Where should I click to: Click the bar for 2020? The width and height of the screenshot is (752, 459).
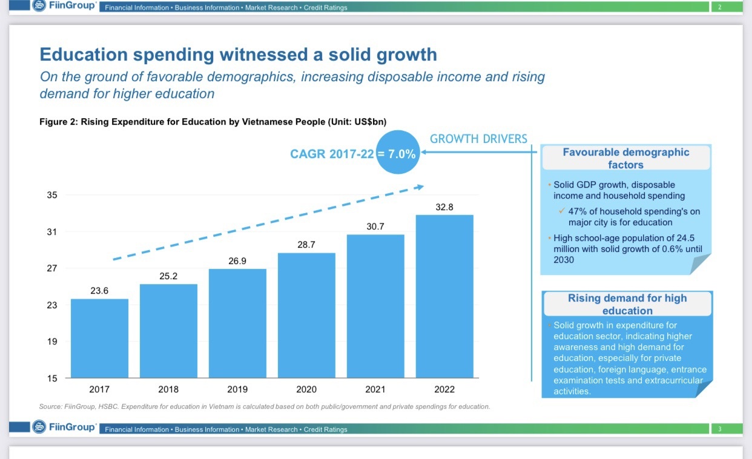[306, 315]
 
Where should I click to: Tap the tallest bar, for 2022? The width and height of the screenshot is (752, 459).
[444, 296]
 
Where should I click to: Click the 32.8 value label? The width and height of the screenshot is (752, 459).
[444, 207]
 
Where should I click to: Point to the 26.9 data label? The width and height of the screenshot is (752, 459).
[237, 261]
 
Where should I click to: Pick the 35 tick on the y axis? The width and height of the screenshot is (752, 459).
[52, 195]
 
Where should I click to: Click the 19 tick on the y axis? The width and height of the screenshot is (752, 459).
[52, 342]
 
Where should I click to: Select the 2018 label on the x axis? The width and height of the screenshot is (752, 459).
[168, 389]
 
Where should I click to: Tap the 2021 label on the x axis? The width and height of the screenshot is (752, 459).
[375, 389]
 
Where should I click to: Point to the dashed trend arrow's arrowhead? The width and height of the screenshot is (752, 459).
[419, 187]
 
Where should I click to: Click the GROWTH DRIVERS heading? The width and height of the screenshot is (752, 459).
[478, 139]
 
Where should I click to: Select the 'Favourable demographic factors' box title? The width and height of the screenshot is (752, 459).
[626, 158]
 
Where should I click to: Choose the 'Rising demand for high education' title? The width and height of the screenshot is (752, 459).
[627, 304]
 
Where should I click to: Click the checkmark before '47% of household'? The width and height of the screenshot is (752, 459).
[561, 211]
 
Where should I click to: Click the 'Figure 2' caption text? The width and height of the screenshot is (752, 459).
[213, 122]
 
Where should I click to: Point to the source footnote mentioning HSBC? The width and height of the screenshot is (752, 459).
[264, 406]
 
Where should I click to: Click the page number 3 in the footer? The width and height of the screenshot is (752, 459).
[720, 429]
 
